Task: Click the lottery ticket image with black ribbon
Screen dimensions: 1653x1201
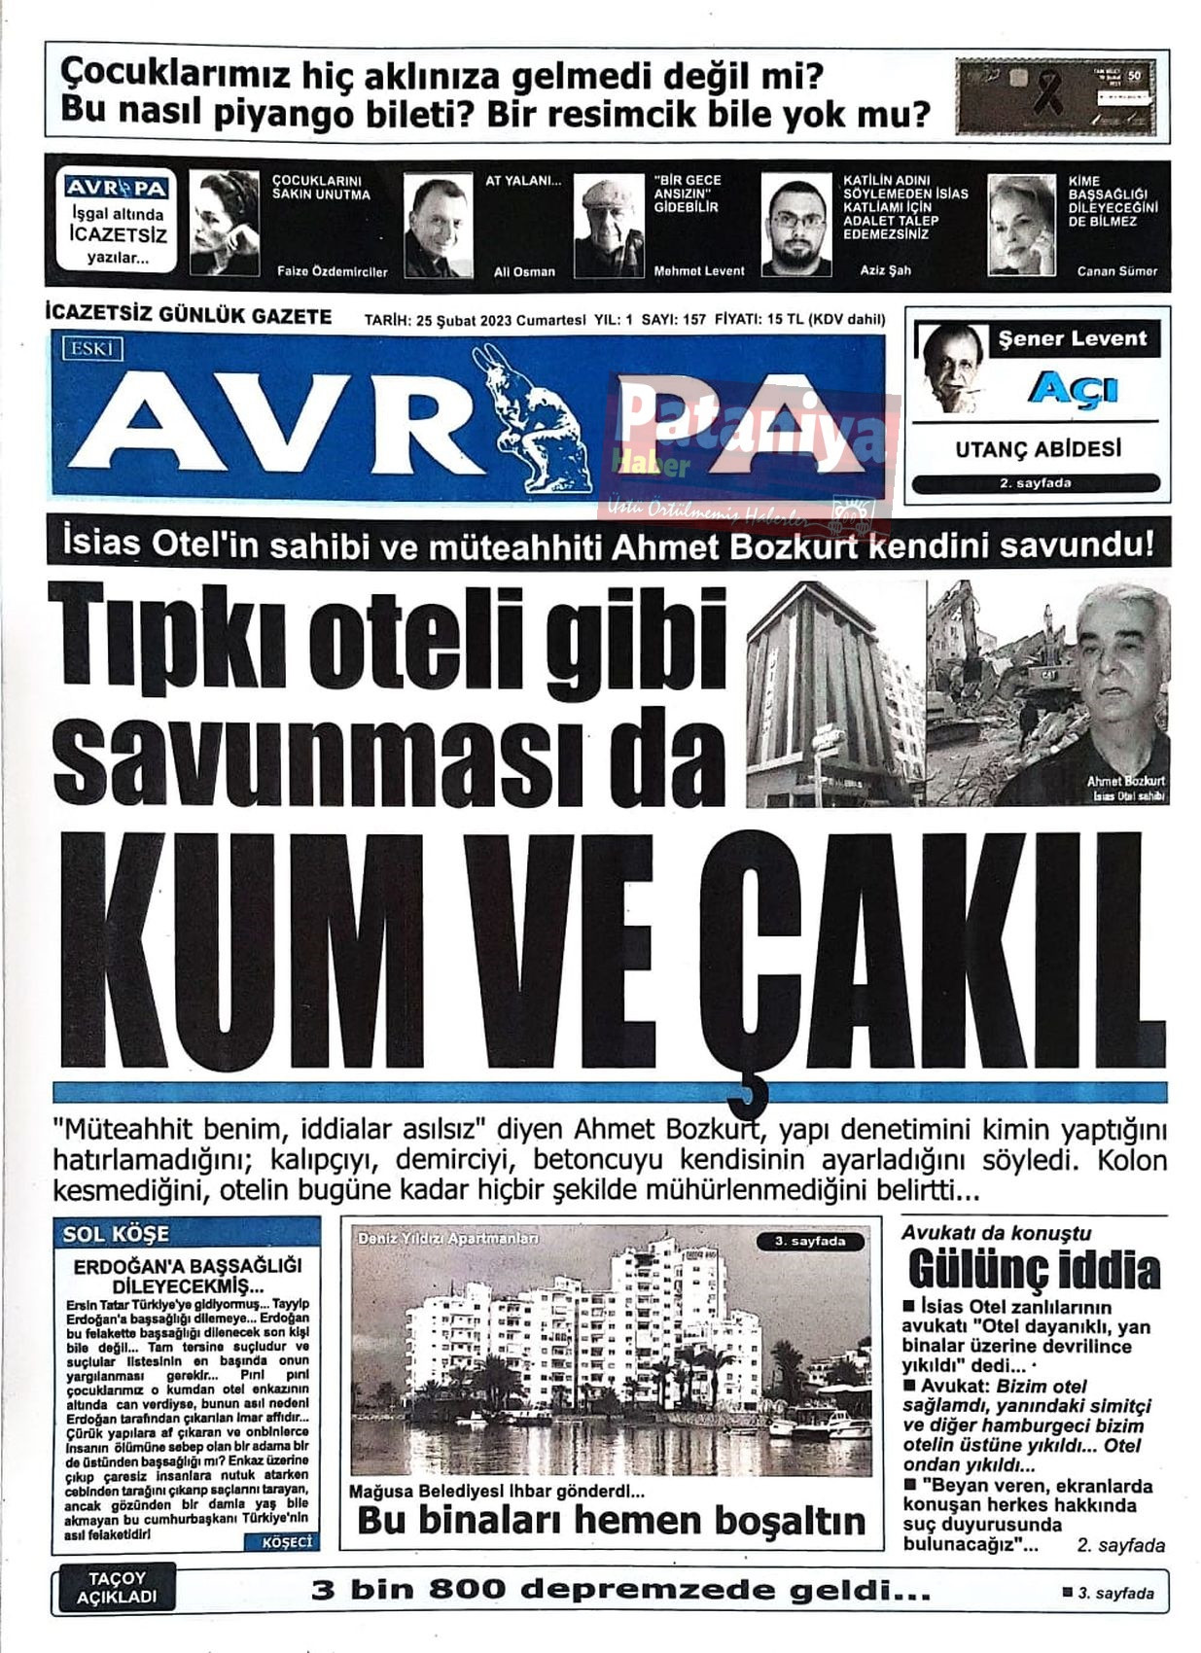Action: [1056, 96]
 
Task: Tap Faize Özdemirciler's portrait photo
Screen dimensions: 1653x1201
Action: [225, 224]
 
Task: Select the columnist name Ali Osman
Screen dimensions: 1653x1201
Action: [524, 271]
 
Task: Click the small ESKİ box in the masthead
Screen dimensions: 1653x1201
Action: [92, 348]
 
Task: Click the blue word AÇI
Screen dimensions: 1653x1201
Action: [1073, 389]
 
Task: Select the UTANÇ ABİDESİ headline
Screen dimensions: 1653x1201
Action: [1038, 449]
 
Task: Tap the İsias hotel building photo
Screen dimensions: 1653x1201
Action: [834, 692]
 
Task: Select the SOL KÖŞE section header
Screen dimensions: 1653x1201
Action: [116, 1234]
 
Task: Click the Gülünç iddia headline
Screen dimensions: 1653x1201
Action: [1034, 1270]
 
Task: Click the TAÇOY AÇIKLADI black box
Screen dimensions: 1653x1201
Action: [117, 1589]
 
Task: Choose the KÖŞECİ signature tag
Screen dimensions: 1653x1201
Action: [288, 1542]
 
